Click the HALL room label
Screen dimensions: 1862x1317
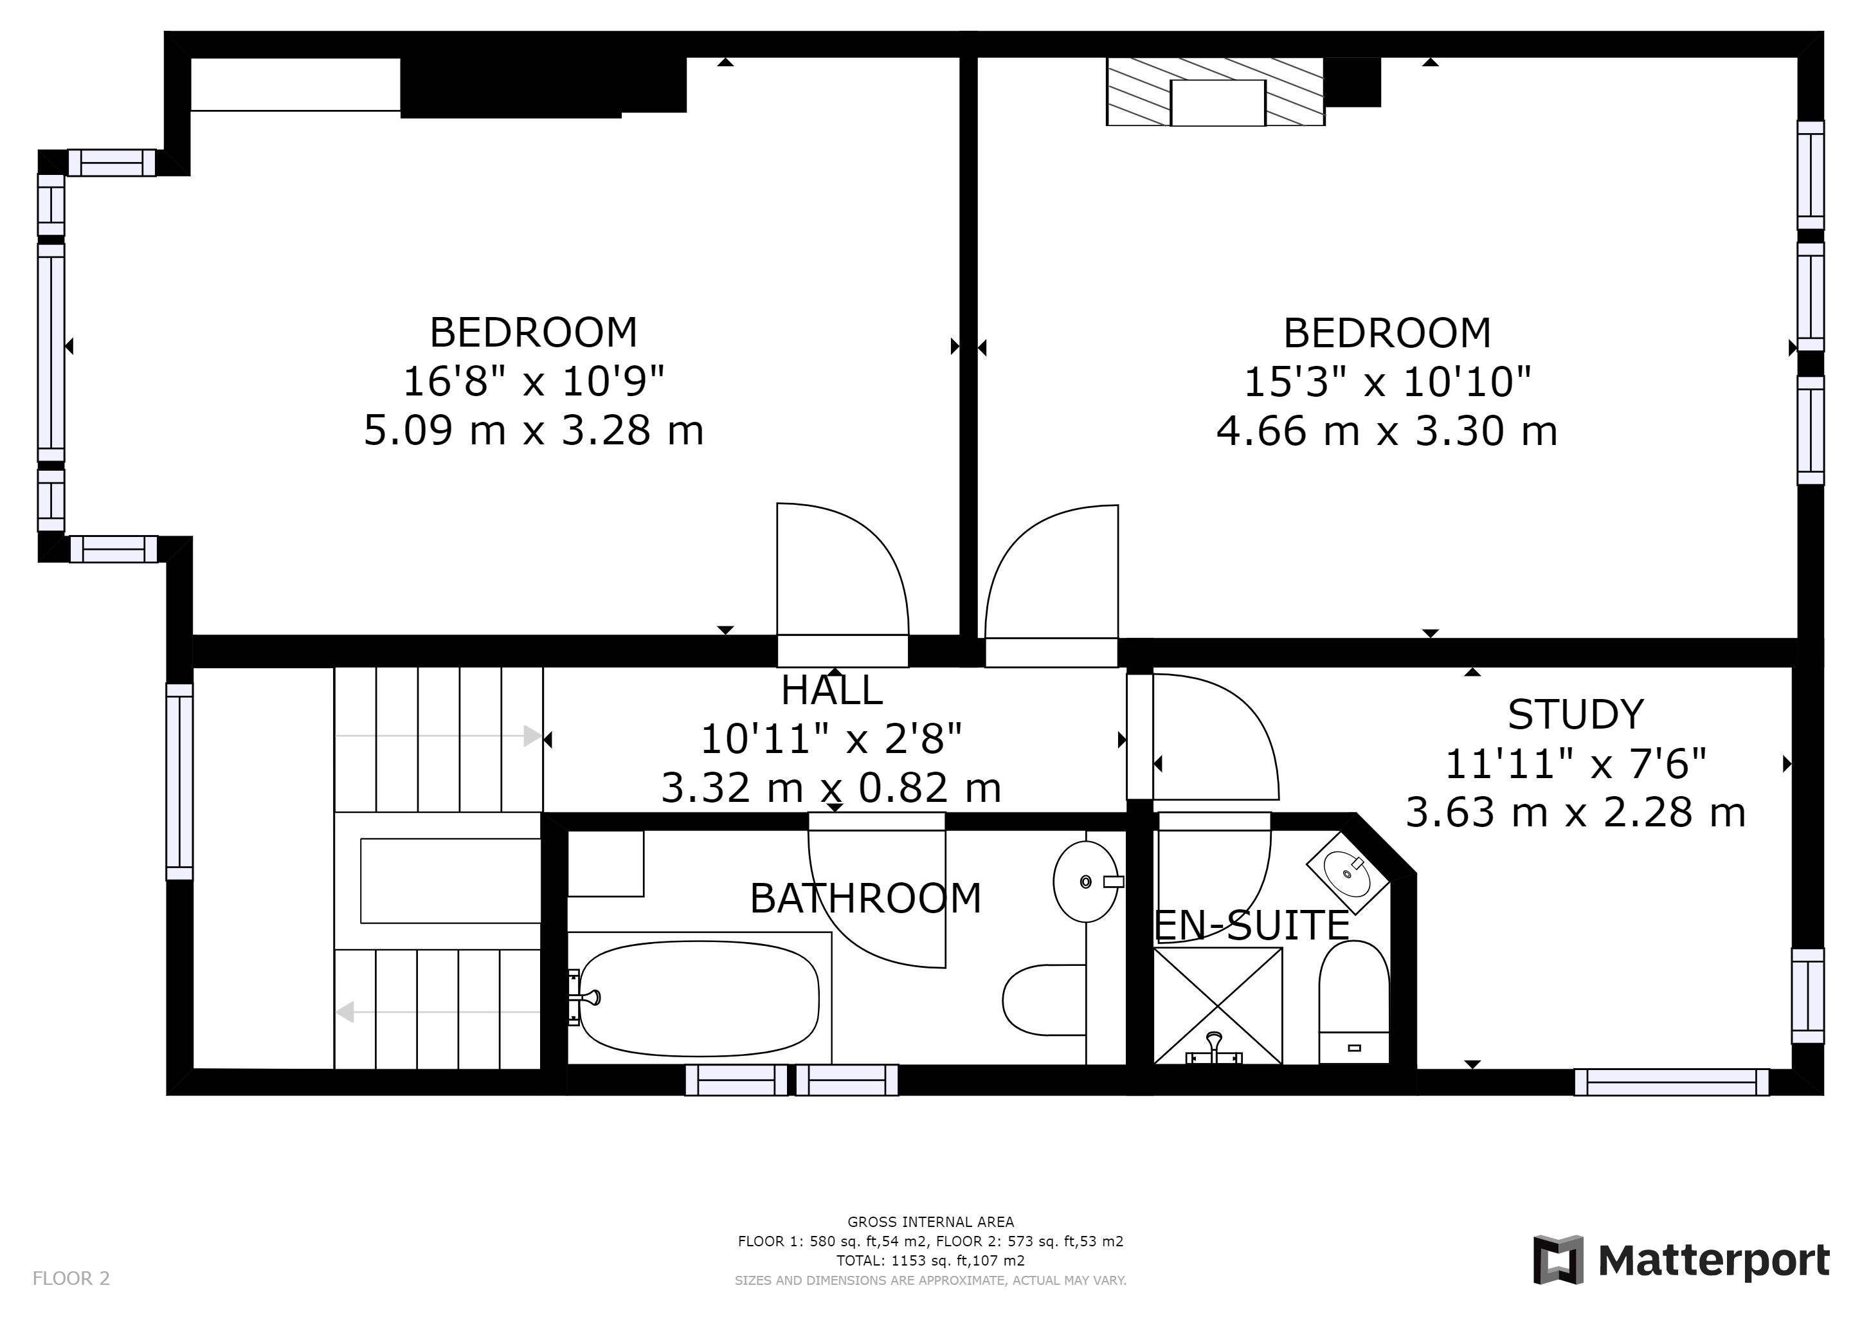pyautogui.click(x=831, y=691)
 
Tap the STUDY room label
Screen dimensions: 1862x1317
pyautogui.click(x=1575, y=715)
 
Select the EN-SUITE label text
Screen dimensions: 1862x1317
pyautogui.click(x=1251, y=925)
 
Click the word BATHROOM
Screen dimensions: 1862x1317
pyautogui.click(x=865, y=898)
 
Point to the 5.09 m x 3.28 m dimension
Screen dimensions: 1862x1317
pyautogui.click(x=534, y=430)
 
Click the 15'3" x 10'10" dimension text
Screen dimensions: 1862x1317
pyautogui.click(x=1387, y=381)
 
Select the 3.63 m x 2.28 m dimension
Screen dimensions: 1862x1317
pyautogui.click(x=1575, y=813)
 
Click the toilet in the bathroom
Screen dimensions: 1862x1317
pyautogui.click(x=1044, y=1000)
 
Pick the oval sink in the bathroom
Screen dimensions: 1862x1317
pyautogui.click(x=1087, y=882)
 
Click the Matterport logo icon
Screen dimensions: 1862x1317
pyautogui.click(x=1558, y=1260)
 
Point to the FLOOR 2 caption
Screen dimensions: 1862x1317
pyautogui.click(x=71, y=1279)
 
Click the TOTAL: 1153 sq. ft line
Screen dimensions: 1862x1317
pyautogui.click(x=930, y=1261)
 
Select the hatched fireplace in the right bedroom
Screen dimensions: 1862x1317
pyautogui.click(x=1216, y=92)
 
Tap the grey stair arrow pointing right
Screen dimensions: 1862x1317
pyautogui.click(x=438, y=736)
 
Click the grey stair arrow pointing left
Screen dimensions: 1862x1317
pyautogui.click(x=438, y=1012)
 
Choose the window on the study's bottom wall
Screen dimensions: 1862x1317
pyautogui.click(x=1672, y=1083)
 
